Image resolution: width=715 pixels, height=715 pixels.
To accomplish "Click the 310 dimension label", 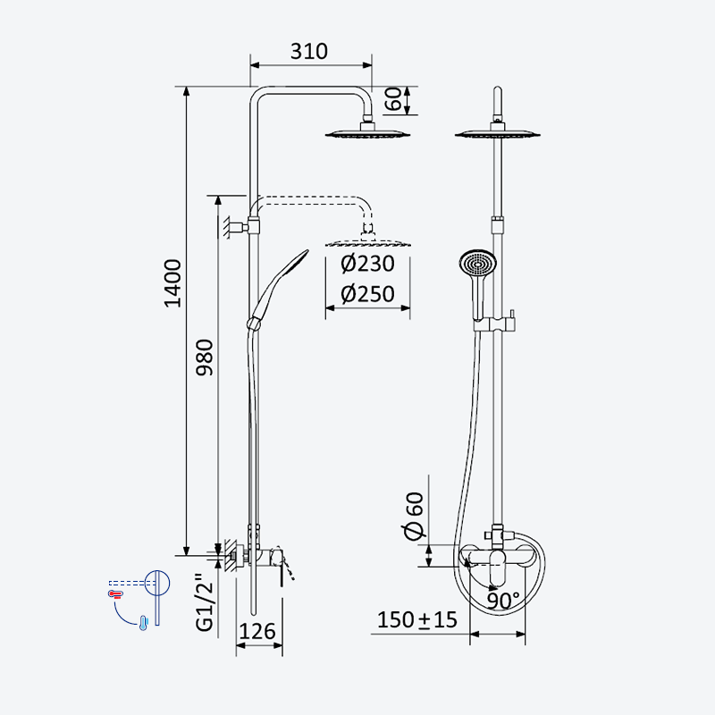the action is coord(308,52).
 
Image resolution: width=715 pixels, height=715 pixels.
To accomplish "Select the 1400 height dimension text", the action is coord(172,283).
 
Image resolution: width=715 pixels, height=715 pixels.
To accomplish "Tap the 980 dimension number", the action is coord(205,357).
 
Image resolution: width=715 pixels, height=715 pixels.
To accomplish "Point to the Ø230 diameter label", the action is coord(367,264).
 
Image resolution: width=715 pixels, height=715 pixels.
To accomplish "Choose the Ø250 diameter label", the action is coord(367,294).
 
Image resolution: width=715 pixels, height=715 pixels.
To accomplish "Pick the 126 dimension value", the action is coord(257,632).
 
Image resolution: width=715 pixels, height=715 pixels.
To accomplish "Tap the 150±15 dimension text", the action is coord(416,620).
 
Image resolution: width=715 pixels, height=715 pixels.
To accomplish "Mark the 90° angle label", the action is coord(503,601).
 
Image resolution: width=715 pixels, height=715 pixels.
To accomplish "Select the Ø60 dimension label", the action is coord(414,516).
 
